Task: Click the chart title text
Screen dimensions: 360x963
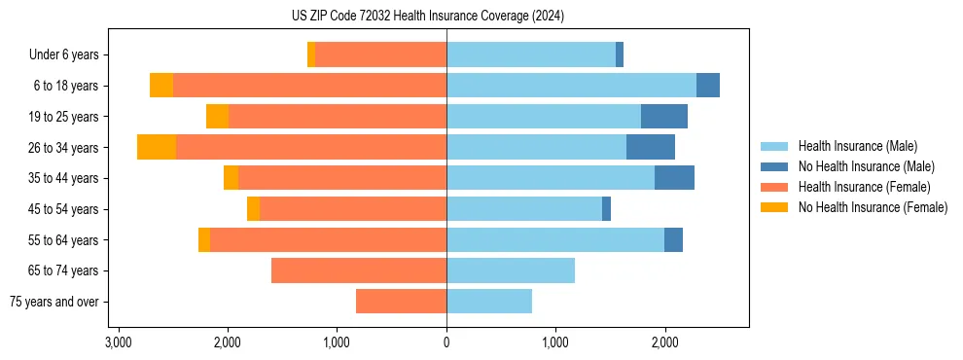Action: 427,17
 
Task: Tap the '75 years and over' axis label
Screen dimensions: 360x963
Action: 54,302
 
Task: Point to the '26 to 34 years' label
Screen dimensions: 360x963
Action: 64,148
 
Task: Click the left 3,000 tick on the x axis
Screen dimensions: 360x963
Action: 118,342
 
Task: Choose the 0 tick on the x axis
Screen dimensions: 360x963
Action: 446,342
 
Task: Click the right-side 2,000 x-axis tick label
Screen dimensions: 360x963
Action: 664,342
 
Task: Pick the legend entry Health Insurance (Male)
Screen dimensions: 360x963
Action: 857,146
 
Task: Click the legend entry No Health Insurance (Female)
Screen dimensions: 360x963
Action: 873,207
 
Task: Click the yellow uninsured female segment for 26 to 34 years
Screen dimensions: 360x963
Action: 157,147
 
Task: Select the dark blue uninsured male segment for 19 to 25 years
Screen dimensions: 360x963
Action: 664,117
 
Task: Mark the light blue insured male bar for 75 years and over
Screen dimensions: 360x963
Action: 489,302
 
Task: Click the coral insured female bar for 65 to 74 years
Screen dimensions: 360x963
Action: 359,270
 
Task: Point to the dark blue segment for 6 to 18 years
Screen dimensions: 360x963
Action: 708,86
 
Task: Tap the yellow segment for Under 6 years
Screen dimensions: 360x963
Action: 311,55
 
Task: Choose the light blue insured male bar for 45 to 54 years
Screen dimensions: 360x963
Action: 524,209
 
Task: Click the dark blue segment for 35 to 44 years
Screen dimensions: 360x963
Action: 674,178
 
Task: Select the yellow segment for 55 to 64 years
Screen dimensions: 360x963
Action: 204,240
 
